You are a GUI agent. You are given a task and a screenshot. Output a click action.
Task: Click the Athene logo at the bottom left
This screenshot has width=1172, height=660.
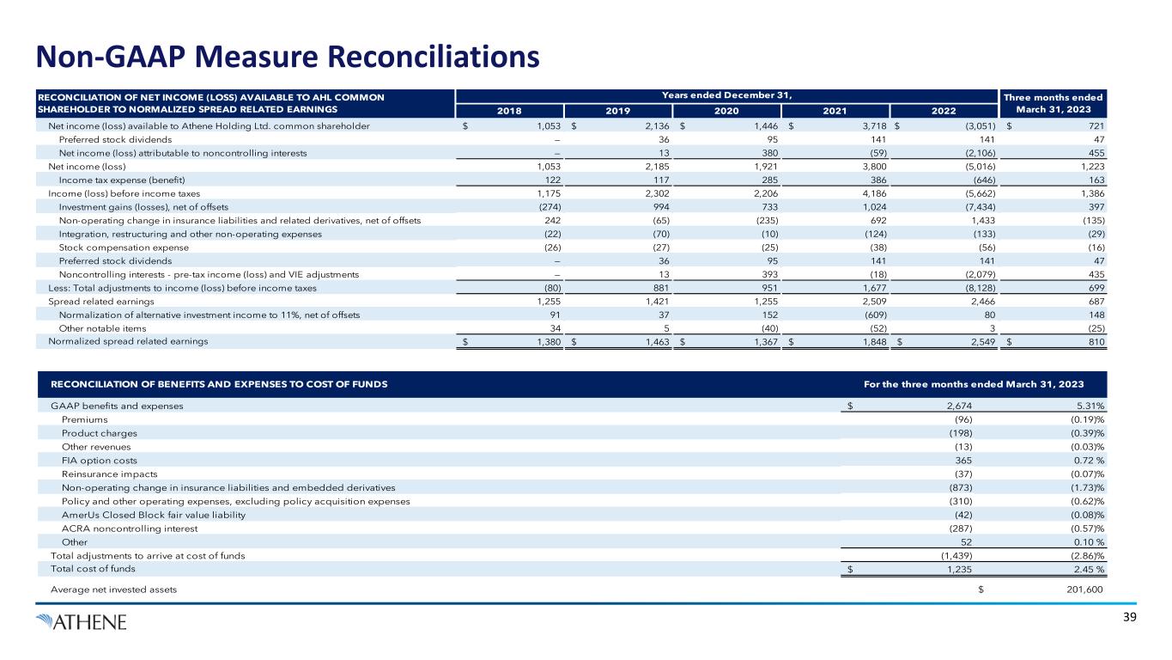[x=82, y=620]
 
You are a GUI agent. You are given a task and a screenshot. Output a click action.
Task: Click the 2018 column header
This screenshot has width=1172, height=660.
[x=509, y=111]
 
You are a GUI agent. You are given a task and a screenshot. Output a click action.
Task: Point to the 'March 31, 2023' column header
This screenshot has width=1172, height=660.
[x=1055, y=109]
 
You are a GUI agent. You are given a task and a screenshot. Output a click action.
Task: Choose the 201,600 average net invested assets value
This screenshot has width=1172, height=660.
[x=1078, y=590]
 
